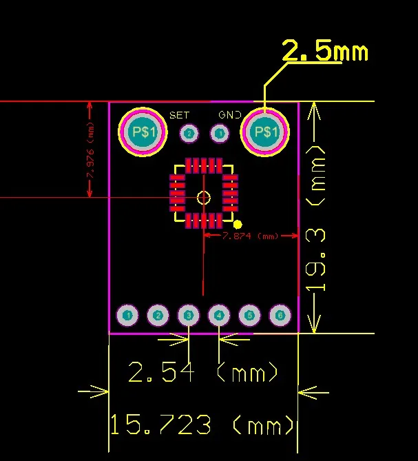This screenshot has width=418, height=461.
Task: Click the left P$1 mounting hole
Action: (x=142, y=132)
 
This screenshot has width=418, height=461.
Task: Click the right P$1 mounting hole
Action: (x=264, y=132)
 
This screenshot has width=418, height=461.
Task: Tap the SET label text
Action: (x=179, y=114)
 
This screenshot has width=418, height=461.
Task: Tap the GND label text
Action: (x=229, y=114)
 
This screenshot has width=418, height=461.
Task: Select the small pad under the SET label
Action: (x=188, y=134)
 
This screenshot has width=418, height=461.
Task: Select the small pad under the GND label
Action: (x=219, y=133)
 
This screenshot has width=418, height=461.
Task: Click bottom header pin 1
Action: (x=127, y=316)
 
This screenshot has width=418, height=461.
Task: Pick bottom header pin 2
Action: (x=158, y=316)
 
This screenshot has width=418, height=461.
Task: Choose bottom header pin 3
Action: (x=188, y=316)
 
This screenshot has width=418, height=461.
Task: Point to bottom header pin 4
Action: (x=219, y=316)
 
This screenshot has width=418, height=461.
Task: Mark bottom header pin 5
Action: (x=249, y=316)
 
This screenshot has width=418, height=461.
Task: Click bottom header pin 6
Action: (x=280, y=316)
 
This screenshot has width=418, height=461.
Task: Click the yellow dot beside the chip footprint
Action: (x=238, y=224)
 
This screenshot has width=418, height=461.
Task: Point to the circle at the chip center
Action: (x=203, y=198)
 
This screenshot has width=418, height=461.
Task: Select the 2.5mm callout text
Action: (x=325, y=52)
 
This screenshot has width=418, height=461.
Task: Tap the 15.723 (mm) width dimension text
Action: (x=202, y=424)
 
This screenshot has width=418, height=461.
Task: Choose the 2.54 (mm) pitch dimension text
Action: (x=204, y=373)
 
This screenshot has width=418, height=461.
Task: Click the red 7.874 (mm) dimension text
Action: (x=249, y=236)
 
